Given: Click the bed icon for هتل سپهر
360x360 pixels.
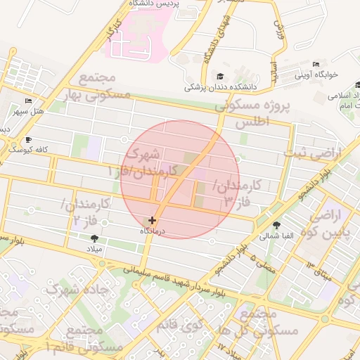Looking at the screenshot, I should (28, 101).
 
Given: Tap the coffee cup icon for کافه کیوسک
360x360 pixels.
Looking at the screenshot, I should (28, 139).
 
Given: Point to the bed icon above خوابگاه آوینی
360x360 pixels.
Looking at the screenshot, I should (316, 64).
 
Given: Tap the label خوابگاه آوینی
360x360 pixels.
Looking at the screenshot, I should (316, 74).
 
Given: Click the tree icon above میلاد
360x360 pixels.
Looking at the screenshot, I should (95, 238).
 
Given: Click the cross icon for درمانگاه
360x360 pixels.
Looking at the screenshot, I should (153, 221).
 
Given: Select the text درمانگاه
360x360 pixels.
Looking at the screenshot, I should (153, 231).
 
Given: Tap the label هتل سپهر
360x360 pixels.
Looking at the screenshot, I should (28, 111).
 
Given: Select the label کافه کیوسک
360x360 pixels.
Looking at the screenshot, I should (27, 149).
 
